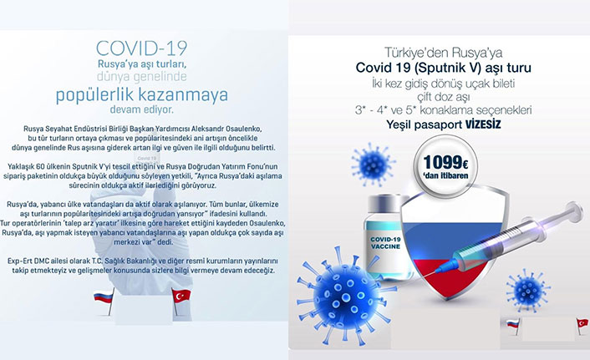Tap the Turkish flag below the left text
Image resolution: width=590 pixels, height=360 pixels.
click(x=179, y=297)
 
